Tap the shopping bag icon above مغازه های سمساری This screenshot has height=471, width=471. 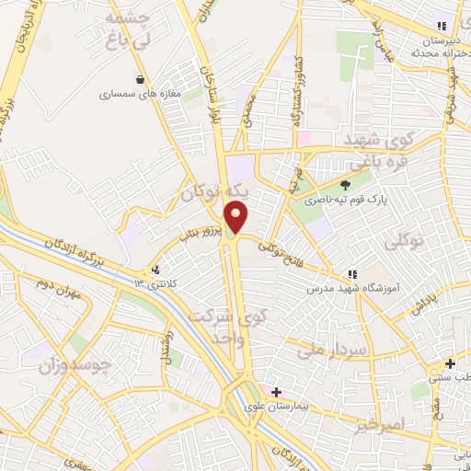tap(140, 79)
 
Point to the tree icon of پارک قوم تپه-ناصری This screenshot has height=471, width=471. tap(345, 185)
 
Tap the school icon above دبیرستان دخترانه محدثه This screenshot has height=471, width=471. tap(442, 27)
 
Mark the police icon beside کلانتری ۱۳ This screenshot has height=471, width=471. tap(155, 270)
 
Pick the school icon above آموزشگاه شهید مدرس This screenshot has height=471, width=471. tap(351, 274)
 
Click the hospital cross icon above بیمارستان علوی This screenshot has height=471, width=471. tap(276, 392)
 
